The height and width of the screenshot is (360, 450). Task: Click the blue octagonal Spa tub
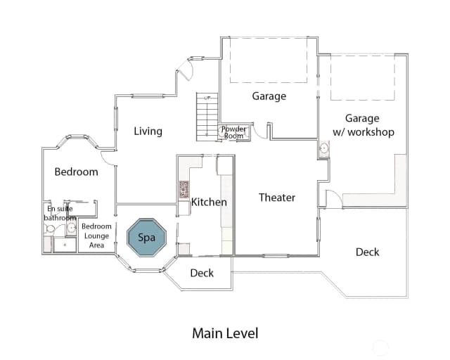(147, 238)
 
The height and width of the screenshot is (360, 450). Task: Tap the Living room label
(148, 131)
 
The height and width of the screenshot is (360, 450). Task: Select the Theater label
(277, 198)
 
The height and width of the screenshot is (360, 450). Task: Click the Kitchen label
(209, 202)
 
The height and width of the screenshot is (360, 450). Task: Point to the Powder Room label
(233, 132)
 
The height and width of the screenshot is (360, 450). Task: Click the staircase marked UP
(207, 117)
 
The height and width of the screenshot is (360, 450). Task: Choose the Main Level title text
(225, 333)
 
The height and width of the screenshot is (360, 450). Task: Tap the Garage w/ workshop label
(364, 125)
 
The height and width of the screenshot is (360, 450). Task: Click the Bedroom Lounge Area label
(96, 236)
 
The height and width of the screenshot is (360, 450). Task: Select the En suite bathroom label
(60, 213)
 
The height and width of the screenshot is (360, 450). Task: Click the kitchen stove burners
(184, 189)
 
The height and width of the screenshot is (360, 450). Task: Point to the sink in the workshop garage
(324, 148)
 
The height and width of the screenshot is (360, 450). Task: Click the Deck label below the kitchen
(202, 273)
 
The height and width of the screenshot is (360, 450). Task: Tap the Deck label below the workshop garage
(367, 252)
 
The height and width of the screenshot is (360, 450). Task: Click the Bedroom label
(77, 172)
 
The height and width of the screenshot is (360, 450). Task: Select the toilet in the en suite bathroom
(49, 229)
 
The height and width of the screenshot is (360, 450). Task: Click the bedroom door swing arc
(106, 160)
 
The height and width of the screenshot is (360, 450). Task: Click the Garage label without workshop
(269, 96)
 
